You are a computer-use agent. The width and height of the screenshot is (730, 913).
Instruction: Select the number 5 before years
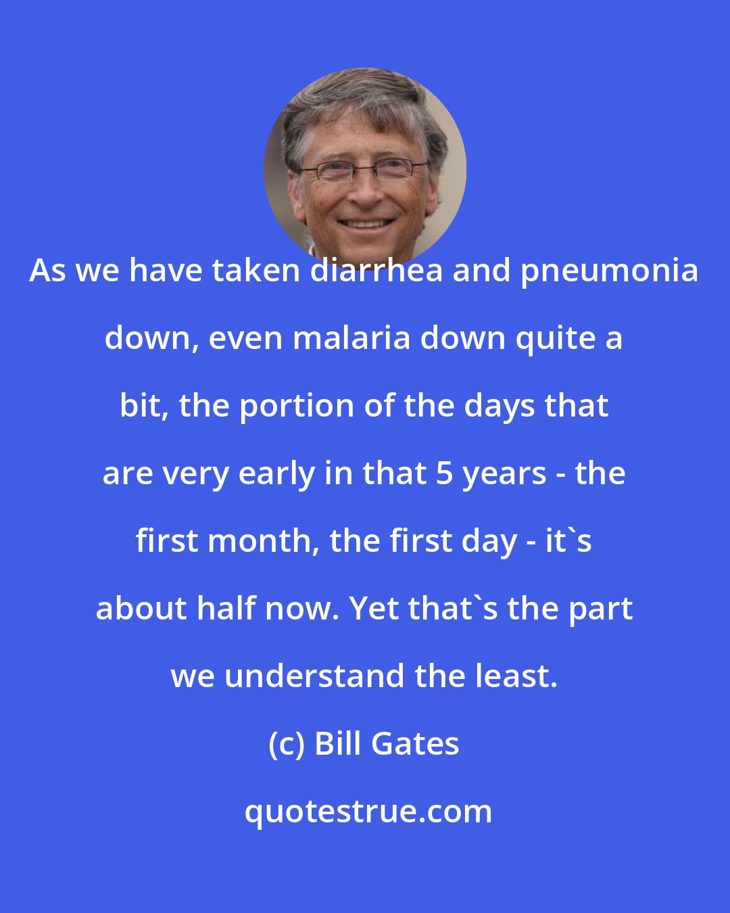444,474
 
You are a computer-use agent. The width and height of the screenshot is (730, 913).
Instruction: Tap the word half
228,609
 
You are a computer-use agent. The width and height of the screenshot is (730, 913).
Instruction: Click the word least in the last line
520,676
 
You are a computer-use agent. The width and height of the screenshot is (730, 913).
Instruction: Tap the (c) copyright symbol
287,745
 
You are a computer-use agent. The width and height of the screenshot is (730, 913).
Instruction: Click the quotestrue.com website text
368,812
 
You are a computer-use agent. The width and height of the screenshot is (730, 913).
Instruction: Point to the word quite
553,339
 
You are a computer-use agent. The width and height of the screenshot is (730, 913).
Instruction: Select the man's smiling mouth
365,223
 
